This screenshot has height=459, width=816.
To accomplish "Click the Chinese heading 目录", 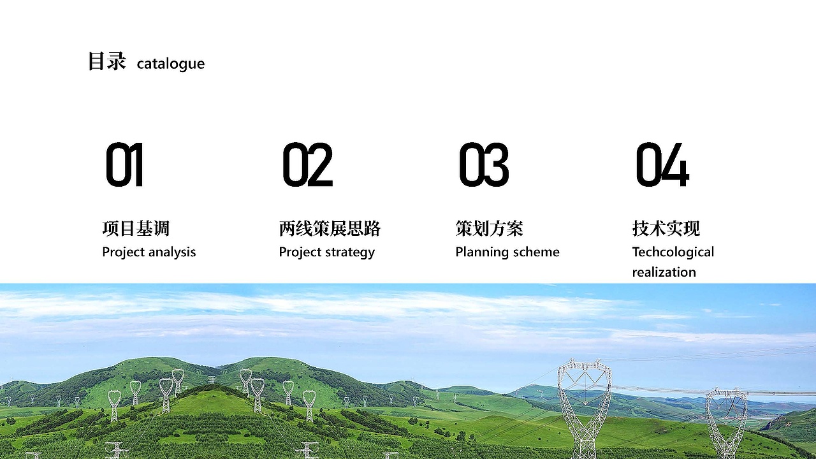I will [106, 62].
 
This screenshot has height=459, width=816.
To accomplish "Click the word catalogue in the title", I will [171, 64].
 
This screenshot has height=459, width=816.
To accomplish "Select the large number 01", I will [124, 165].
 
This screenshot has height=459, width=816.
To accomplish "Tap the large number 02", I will [307, 165].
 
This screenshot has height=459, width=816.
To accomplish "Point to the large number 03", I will [484, 165].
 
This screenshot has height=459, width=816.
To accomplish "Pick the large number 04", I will [662, 165].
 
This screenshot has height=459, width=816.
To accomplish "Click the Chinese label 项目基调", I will [136, 228].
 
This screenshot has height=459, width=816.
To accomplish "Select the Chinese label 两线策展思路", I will [330, 228].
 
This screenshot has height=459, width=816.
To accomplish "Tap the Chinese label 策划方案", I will [489, 228].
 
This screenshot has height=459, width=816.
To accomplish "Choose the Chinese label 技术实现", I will [666, 228].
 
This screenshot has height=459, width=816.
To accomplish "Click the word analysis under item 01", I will [171, 252].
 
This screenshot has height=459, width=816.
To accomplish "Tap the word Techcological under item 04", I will [673, 252].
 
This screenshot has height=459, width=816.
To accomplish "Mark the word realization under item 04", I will [664, 272].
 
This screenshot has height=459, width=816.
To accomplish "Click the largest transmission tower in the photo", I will [585, 408].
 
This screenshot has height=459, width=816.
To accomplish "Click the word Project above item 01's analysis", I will [124, 252].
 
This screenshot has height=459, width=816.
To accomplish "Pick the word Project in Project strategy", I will [300, 252].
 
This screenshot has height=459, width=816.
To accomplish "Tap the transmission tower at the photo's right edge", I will [727, 421].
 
